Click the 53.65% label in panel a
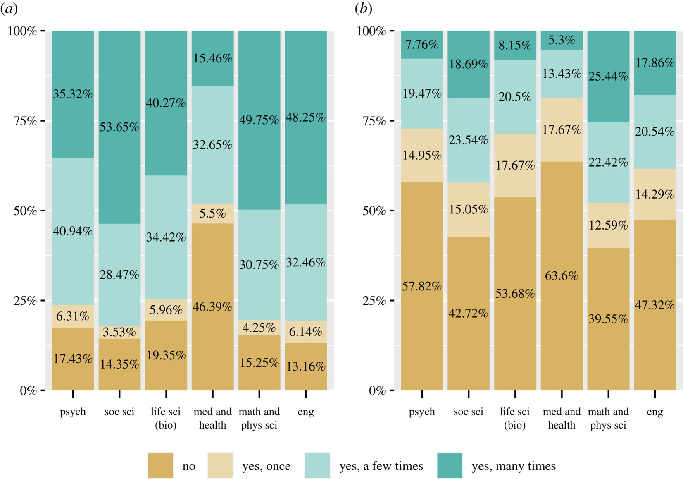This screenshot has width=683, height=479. (x=119, y=127)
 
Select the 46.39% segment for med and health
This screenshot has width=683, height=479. (x=212, y=307)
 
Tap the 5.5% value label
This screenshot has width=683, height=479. (x=212, y=213)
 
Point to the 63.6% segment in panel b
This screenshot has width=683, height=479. (x=562, y=275)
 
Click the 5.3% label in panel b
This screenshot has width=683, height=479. (x=562, y=40)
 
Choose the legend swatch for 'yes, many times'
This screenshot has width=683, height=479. (x=449, y=466)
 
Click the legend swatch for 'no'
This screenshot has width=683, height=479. (x=160, y=466)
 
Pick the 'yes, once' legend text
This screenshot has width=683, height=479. (x=266, y=466)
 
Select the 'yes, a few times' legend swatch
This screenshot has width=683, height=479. (x=317, y=466)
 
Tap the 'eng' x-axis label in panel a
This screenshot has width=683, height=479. (x=306, y=412)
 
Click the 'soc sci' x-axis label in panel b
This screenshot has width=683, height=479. (x=468, y=412)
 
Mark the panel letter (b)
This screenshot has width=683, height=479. (x=364, y=9)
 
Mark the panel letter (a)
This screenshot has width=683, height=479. (x=9, y=9)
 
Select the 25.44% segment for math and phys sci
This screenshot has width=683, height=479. (x=608, y=76)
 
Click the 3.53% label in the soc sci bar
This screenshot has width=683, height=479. (x=119, y=332)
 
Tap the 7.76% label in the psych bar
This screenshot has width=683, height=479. (x=422, y=45)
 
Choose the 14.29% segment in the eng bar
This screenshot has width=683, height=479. (x=655, y=194)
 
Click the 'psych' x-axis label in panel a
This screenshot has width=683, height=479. (x=73, y=412)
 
